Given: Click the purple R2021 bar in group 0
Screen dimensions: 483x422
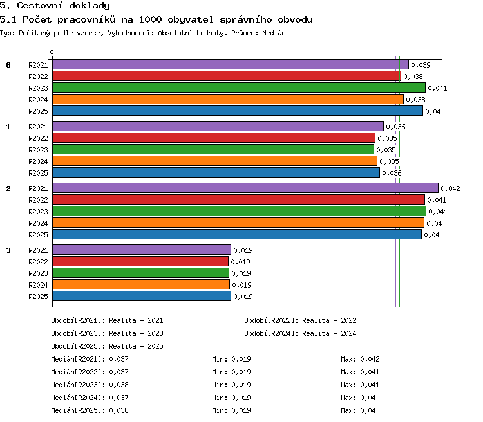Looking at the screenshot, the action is tap(231, 64).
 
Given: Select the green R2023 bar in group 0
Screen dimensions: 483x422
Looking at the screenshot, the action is tap(239, 87).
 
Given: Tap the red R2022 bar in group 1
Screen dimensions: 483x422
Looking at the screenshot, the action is tap(214, 138).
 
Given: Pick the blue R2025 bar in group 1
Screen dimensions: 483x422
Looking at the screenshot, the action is tap(216, 172).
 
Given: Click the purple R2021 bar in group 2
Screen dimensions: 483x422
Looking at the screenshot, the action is tap(245, 188).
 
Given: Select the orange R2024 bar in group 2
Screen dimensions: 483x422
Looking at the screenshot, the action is tap(238, 223).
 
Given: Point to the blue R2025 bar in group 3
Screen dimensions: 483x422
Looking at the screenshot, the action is tap(142, 296).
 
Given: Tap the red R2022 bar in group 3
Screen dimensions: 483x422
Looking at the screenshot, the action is tap(140, 261).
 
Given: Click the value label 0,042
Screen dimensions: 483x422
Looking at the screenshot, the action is tap(450, 188).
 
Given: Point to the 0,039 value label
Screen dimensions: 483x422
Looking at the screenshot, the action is tap(421, 65).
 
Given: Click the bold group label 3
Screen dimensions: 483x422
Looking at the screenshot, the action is tap(8, 250).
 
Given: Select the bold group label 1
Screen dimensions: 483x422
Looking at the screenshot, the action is tap(8, 127).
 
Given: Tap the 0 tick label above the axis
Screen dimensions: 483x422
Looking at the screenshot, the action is tap(52, 52).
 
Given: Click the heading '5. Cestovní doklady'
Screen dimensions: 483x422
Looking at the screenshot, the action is tap(55, 5).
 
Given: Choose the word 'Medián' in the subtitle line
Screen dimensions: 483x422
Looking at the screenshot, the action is tap(274, 33).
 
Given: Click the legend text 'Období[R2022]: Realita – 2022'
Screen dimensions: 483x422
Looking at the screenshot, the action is tap(300, 320).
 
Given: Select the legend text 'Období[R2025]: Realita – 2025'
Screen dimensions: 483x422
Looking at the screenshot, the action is tap(107, 346).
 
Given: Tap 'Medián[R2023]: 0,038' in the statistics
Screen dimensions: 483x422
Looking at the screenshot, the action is tap(90, 385).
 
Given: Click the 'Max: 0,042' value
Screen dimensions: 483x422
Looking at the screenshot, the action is tap(360, 359).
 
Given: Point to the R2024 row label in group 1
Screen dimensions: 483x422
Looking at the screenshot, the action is tap(38, 161).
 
